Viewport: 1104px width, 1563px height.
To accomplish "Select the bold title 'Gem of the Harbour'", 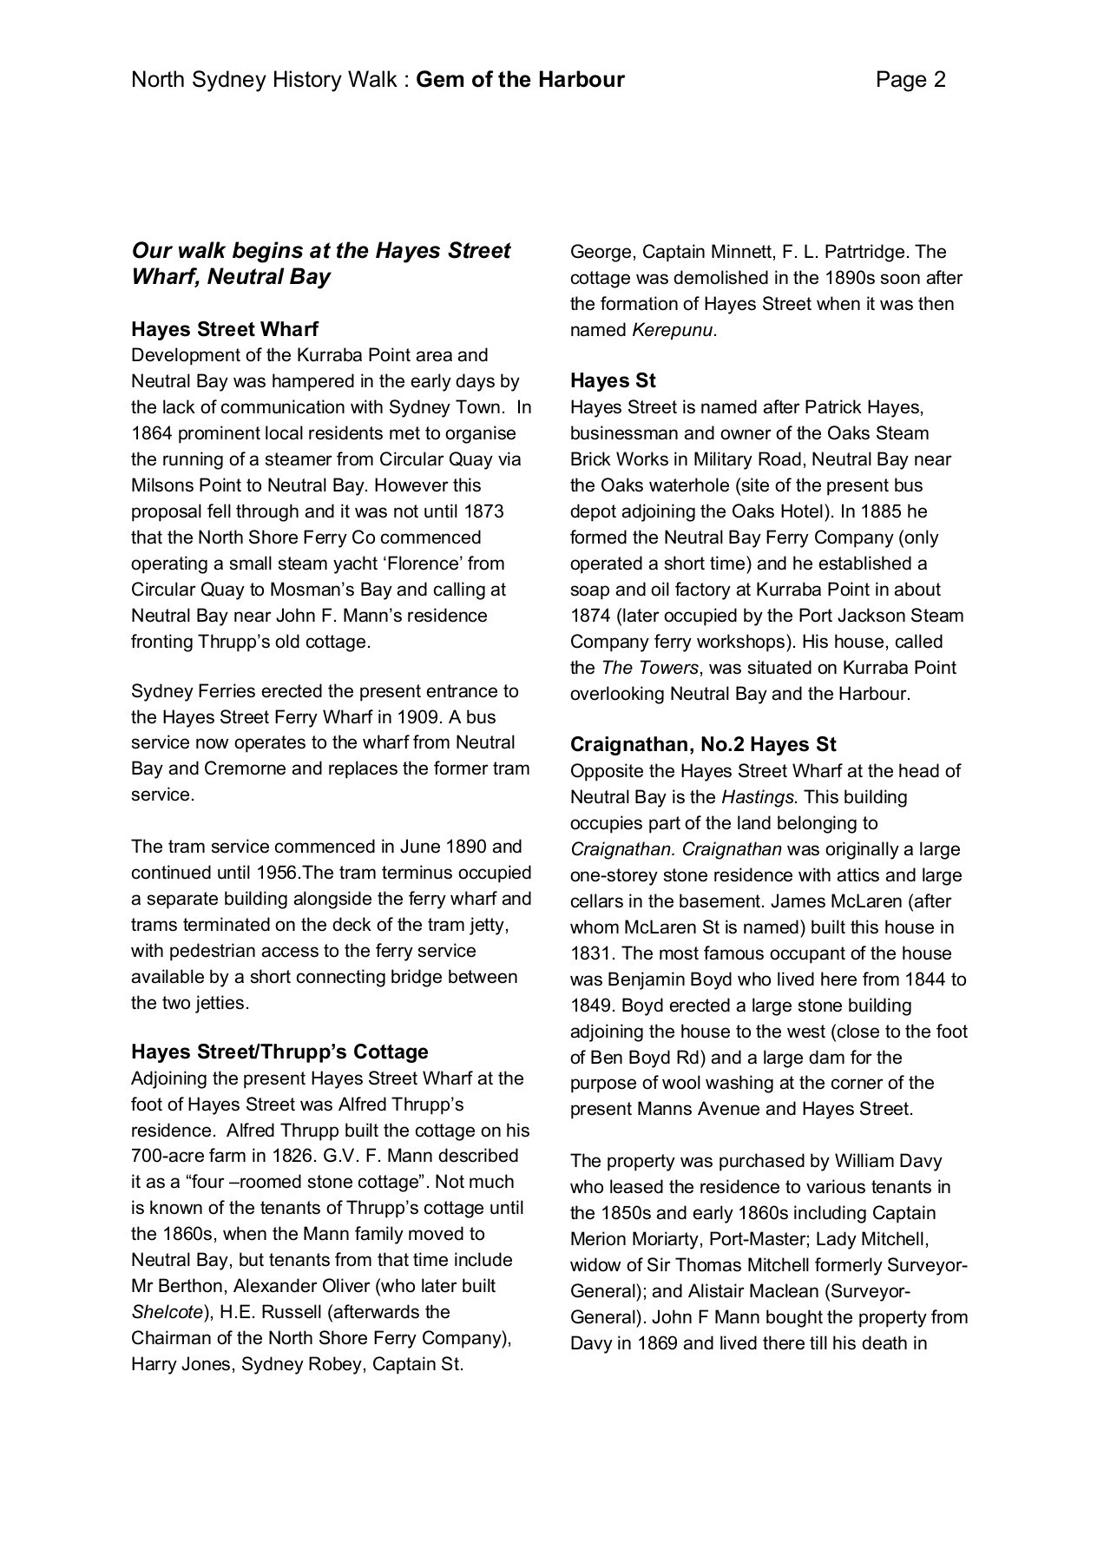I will coord(521,80).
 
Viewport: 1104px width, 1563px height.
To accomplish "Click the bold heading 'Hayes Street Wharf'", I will coord(225,329).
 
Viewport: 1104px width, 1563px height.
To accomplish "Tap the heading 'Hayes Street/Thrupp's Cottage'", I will coord(279,1052).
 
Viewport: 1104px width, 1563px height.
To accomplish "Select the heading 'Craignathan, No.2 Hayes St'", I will coord(703,744).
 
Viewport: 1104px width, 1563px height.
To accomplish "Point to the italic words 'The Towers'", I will coord(650,668).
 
